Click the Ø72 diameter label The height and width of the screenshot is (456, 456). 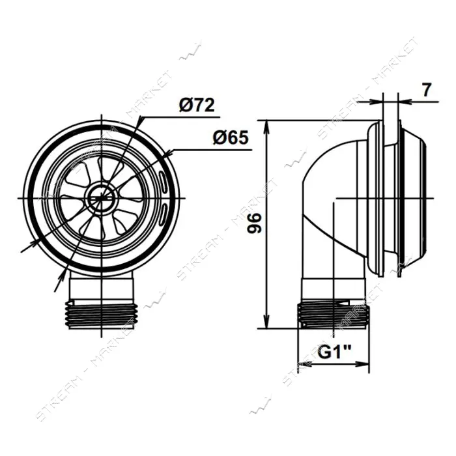[x=197, y=106]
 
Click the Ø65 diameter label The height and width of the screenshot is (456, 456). [x=231, y=137]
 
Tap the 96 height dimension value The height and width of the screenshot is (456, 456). [x=255, y=223]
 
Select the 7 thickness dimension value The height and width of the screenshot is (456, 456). [x=426, y=90]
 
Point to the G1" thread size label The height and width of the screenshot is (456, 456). [x=334, y=352]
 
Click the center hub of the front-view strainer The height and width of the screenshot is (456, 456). [x=102, y=198]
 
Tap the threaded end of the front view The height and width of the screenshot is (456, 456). [x=102, y=315]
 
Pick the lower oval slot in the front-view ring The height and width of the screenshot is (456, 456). [x=163, y=214]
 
